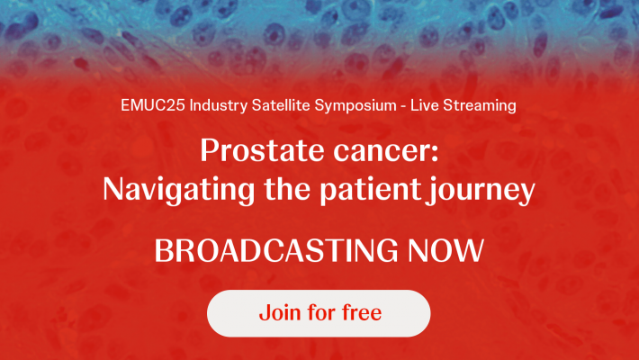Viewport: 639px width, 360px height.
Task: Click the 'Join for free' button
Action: (319, 313)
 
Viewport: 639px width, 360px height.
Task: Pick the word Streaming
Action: (481, 106)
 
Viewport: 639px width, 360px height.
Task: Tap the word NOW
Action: (446, 250)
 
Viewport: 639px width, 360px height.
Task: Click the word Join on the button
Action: (276, 313)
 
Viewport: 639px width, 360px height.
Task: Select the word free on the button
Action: (358, 313)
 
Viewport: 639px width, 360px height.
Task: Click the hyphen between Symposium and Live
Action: (402, 106)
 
